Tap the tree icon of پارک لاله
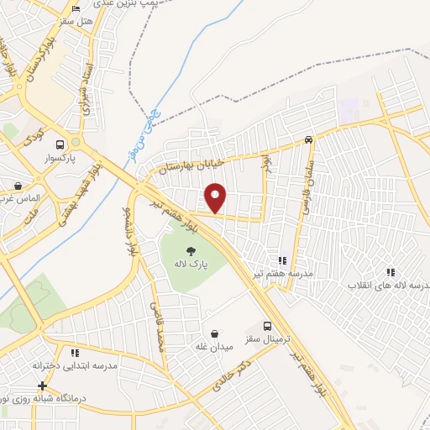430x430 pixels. click(191, 249)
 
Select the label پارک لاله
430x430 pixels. click(190, 265)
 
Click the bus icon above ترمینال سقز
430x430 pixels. click(268, 326)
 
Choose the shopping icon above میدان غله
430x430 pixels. click(215, 333)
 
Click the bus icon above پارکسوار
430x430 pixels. click(59, 143)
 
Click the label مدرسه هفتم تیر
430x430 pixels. click(287, 275)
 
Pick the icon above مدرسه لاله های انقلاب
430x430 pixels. click(390, 271)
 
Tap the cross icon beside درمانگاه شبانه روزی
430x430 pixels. click(42, 385)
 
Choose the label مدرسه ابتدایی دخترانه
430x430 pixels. click(75, 367)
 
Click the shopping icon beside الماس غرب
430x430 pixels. click(18, 186)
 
